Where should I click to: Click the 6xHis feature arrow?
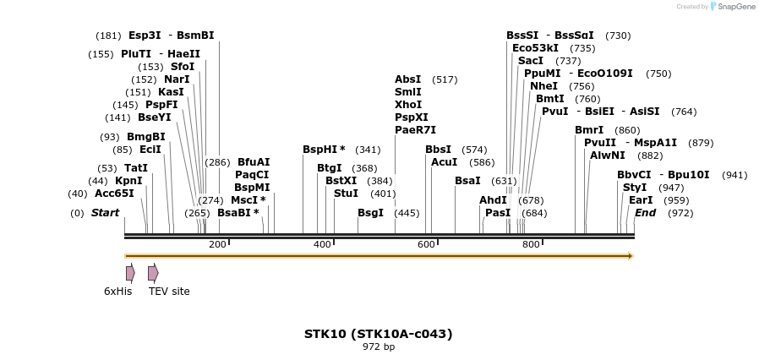click(130, 273)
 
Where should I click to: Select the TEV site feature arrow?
click(152, 273)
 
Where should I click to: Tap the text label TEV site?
click(169, 292)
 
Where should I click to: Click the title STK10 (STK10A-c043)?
click(378, 334)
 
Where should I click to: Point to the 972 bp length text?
click(378, 346)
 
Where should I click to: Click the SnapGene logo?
click(734, 7)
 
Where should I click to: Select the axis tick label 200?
click(217, 244)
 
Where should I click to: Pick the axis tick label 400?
click(322, 244)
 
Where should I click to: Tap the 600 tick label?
click(426, 244)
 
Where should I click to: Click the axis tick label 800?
click(531, 244)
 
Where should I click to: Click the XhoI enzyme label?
click(408, 104)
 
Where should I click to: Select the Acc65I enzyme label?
click(114, 193)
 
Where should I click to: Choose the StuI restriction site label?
click(346, 193)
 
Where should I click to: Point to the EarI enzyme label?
click(641, 199)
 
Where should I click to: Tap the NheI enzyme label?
click(543, 85)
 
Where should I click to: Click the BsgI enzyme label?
click(370, 212)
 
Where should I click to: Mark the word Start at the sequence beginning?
click(105, 212)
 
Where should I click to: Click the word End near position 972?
click(645, 212)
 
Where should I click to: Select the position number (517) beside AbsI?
click(445, 79)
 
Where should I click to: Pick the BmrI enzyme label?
click(589, 129)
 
